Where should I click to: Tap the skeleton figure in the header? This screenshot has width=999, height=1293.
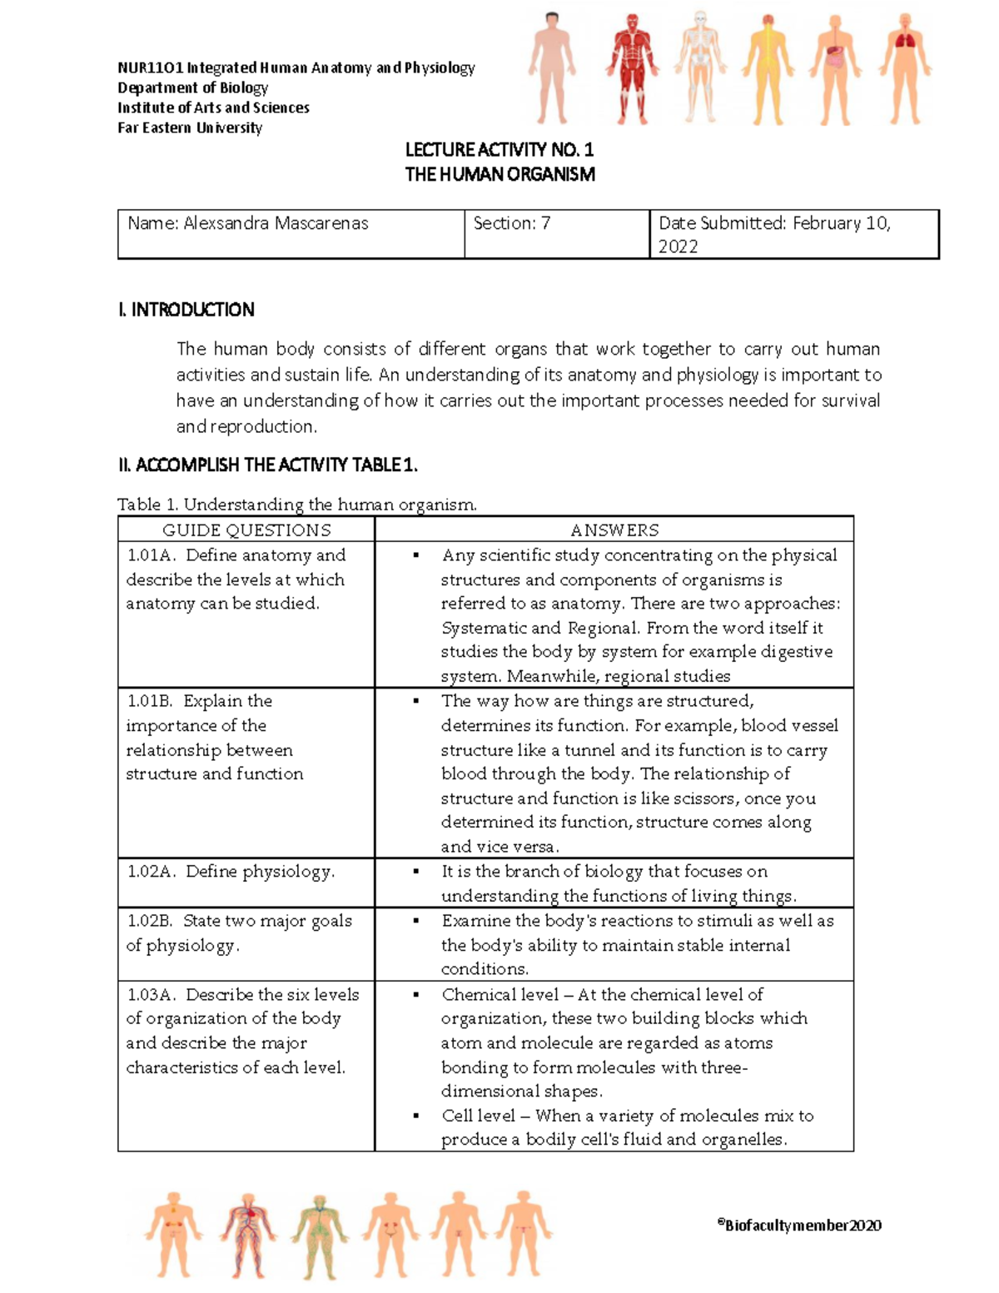[698, 67]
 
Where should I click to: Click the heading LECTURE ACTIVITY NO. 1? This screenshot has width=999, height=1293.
[499, 150]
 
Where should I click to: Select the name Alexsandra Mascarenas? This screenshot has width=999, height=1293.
[276, 223]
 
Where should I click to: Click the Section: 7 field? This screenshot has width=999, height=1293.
[512, 223]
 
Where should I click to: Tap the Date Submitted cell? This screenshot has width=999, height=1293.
[774, 234]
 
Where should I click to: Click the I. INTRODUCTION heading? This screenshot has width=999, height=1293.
[186, 310]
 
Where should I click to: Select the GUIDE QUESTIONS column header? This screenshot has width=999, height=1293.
[246, 530]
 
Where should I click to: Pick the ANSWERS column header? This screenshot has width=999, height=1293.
[614, 530]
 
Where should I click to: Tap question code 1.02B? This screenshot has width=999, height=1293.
[150, 921]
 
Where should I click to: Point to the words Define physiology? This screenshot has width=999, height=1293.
[260, 872]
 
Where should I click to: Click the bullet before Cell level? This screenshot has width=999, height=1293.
[415, 1116]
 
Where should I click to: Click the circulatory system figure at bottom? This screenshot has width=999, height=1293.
[248, 1234]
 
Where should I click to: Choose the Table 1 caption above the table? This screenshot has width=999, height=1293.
[297, 505]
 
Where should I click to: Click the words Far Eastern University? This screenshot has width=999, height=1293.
[190, 127]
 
